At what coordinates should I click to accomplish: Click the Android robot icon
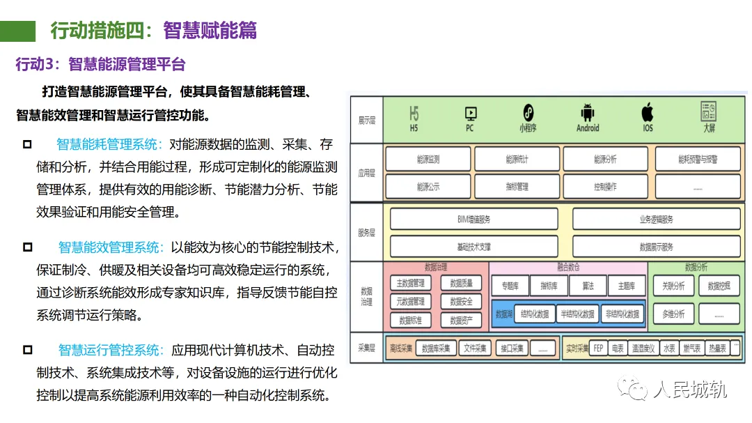pos(587,112)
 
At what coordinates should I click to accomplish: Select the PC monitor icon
pos(470,113)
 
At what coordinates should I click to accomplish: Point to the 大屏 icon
pos(709,111)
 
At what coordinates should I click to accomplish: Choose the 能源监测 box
pos(428,160)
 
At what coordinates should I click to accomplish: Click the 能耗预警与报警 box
pos(698,160)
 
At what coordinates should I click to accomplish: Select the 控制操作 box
pos(605,187)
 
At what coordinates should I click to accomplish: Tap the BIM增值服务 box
pos(473,219)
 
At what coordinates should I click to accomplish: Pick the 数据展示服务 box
pos(656,247)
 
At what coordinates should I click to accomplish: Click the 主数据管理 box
pos(410,284)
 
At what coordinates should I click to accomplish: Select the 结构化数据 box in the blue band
pos(535,314)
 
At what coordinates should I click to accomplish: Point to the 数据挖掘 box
pos(719,286)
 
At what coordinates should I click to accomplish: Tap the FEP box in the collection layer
pos(597,348)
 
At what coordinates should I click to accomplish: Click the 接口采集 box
pos(512,348)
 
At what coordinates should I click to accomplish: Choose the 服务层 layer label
pos(366,233)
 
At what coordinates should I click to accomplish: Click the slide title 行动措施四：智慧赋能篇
pos(154,31)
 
